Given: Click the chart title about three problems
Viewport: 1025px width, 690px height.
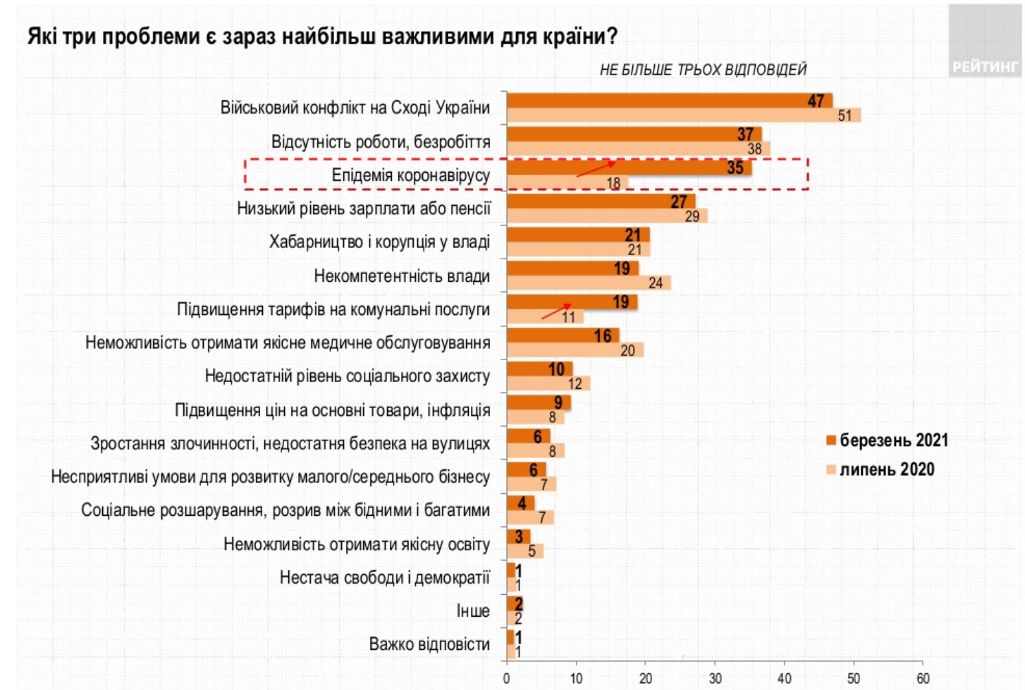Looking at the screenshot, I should click(x=322, y=36).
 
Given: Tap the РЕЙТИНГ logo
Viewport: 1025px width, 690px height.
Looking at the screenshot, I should click(x=985, y=66).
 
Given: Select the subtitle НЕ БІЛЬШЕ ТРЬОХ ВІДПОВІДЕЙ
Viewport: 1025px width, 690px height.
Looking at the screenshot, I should click(x=703, y=70).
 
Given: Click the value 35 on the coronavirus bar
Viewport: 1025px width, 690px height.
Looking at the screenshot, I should click(x=735, y=168).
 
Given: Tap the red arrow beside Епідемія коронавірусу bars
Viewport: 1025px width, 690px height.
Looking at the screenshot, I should click(x=596, y=168).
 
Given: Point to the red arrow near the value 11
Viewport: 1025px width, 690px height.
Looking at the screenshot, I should click(x=556, y=311).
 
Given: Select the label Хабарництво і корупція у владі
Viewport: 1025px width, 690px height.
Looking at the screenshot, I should click(x=379, y=242).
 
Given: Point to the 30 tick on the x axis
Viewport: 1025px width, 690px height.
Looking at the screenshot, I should click(x=715, y=678).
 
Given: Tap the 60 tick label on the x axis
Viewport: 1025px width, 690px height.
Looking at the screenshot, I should click(x=922, y=678).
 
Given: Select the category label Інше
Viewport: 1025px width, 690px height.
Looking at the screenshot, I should click(x=472, y=611).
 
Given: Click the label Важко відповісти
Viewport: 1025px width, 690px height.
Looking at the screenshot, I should click(x=429, y=644).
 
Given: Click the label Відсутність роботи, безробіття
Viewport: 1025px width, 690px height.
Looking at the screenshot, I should click(x=381, y=142).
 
